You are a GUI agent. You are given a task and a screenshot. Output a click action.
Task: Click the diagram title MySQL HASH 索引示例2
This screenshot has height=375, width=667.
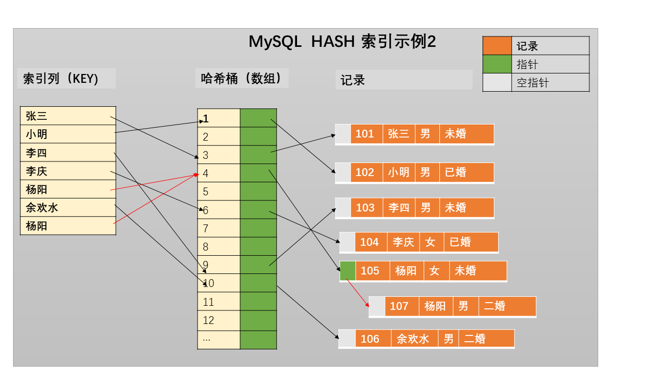click(x=342, y=41)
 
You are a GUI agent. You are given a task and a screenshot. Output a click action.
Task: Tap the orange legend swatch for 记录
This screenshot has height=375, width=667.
click(x=497, y=45)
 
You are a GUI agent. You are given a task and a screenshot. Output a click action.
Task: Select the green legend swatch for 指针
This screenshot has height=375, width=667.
click(x=497, y=64)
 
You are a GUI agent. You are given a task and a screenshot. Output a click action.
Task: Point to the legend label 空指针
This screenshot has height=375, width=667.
click(x=533, y=82)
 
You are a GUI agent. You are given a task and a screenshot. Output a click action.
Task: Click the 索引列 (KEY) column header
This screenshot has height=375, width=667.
click(x=60, y=79)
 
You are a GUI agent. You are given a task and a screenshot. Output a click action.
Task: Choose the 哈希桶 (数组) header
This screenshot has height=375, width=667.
click(x=241, y=78)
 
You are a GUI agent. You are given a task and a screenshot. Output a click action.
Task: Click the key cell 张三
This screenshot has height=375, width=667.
click(x=68, y=116)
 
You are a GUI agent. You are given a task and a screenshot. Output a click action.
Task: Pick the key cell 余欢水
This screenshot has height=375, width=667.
click(x=68, y=207)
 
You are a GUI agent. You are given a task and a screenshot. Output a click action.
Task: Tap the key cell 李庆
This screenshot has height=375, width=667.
click(x=68, y=171)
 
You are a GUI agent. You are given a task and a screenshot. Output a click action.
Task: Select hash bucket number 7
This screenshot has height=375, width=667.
click(x=218, y=228)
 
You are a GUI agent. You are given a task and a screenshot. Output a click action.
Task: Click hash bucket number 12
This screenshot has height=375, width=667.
click(x=218, y=320)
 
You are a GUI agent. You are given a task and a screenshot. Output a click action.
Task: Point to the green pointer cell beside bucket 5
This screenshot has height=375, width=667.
click(x=258, y=191)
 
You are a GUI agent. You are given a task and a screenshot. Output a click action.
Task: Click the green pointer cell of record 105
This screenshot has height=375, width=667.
click(x=348, y=271)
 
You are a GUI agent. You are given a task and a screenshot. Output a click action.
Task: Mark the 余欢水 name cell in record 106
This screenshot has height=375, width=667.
click(x=414, y=339)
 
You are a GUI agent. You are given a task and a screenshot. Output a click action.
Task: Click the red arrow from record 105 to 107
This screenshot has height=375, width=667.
click(x=357, y=293)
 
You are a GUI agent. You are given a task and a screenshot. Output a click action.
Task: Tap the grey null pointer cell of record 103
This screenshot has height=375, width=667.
click(x=343, y=208)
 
